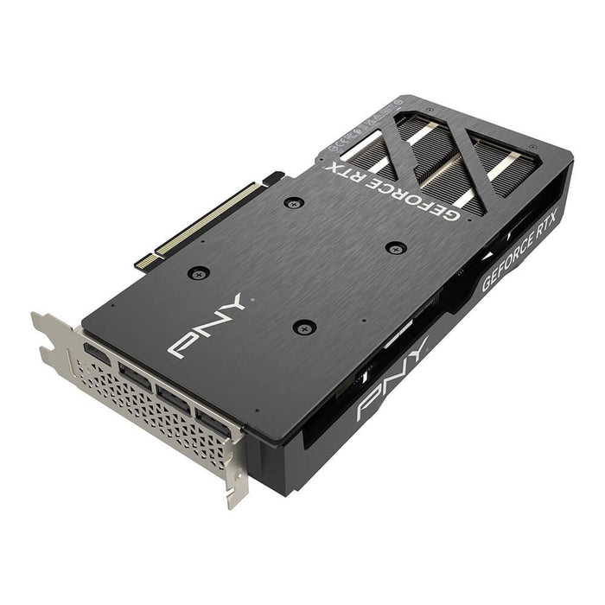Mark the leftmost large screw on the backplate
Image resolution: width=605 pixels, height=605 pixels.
[200, 273]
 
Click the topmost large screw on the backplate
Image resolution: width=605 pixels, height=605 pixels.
[295, 203]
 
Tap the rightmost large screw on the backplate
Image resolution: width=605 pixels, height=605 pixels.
[396, 247]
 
